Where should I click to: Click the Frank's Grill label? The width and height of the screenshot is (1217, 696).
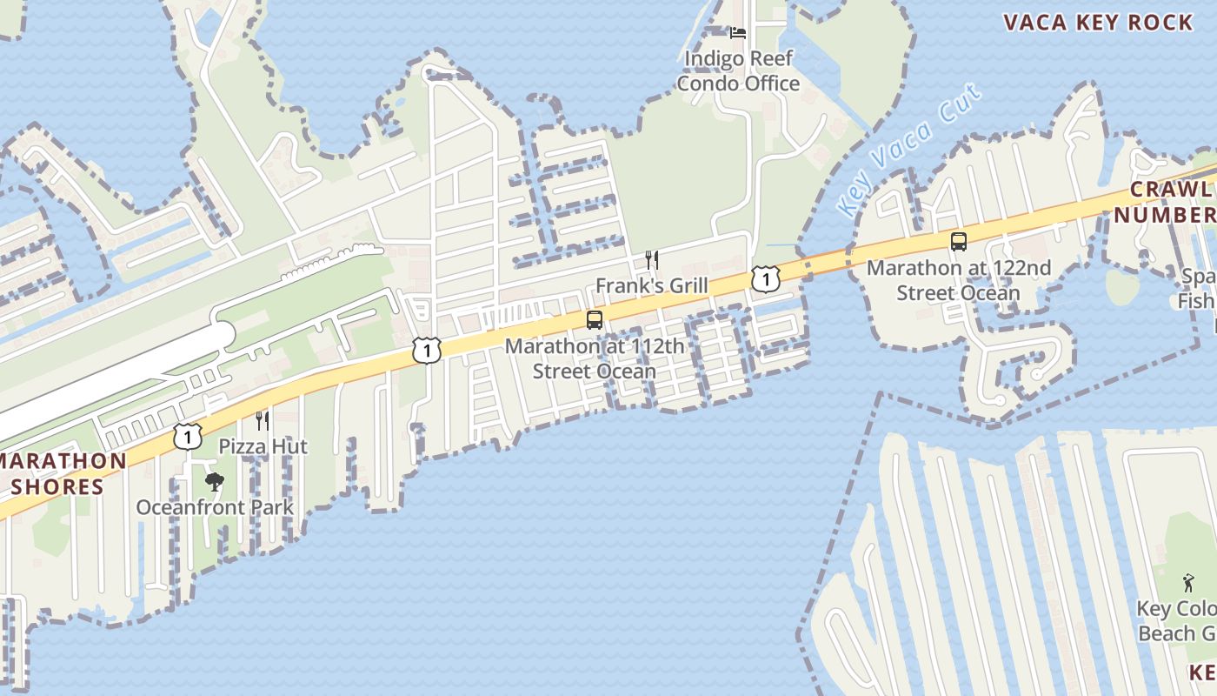point(651,285)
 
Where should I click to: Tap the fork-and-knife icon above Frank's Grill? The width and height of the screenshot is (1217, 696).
point(651,259)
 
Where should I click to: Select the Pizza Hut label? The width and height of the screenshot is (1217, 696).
point(263,446)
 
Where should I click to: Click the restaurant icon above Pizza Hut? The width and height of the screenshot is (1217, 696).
point(262,421)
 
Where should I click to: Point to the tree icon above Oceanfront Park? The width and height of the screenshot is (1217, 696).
point(214,481)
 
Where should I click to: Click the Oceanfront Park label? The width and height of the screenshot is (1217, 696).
point(214,506)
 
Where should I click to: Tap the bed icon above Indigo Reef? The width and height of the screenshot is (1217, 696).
point(738,33)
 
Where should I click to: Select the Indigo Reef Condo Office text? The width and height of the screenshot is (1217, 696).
point(738,71)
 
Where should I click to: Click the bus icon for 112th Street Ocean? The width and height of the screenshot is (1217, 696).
point(595,320)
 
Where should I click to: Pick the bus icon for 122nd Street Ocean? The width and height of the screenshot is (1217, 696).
point(959,242)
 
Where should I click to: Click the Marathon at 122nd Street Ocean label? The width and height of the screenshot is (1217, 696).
point(958,280)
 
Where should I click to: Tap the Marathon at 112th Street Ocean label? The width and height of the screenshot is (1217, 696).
point(595,358)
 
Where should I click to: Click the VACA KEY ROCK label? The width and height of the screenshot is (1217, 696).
point(1099,23)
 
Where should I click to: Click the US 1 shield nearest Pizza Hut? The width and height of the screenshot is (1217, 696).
point(187,436)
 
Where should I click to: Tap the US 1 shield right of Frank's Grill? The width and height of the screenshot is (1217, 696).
point(765,279)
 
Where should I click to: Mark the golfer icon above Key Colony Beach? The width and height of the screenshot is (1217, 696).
point(1187,583)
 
